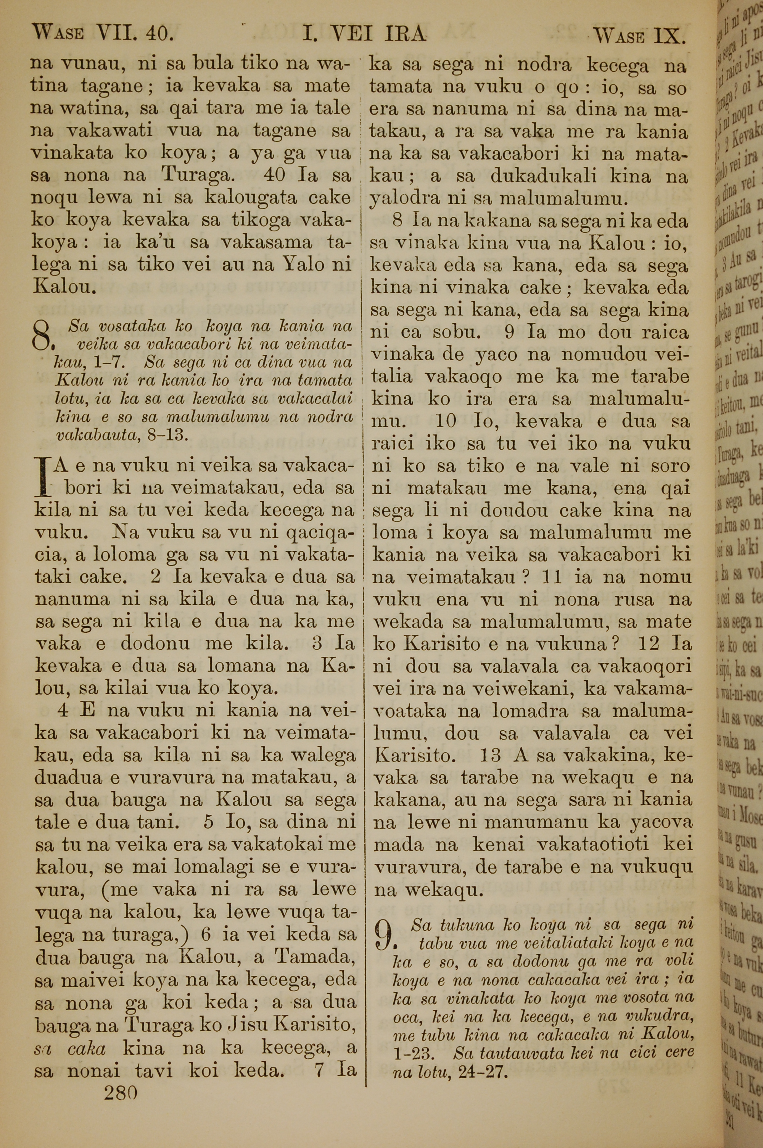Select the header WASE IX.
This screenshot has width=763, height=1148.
[639, 35]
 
